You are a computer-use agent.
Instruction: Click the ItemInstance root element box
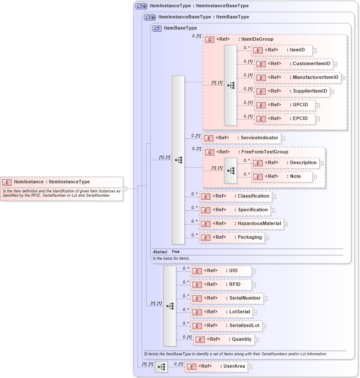click(x=62, y=182)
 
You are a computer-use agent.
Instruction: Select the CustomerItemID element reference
click(x=293, y=64)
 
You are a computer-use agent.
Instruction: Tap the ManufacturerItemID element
click(x=297, y=78)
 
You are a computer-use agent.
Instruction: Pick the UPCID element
click(x=285, y=105)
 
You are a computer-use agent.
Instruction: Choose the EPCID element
click(x=285, y=119)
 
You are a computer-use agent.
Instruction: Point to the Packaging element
click(x=231, y=237)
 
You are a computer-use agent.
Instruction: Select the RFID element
click(x=221, y=285)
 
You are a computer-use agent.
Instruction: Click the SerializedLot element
click(x=227, y=326)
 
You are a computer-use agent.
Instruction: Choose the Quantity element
click(x=224, y=339)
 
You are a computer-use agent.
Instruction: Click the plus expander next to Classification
click(x=274, y=197)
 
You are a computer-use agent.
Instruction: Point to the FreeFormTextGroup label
click(x=264, y=152)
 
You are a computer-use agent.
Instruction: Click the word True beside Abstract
click(x=175, y=252)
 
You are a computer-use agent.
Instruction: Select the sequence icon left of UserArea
click(x=161, y=367)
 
